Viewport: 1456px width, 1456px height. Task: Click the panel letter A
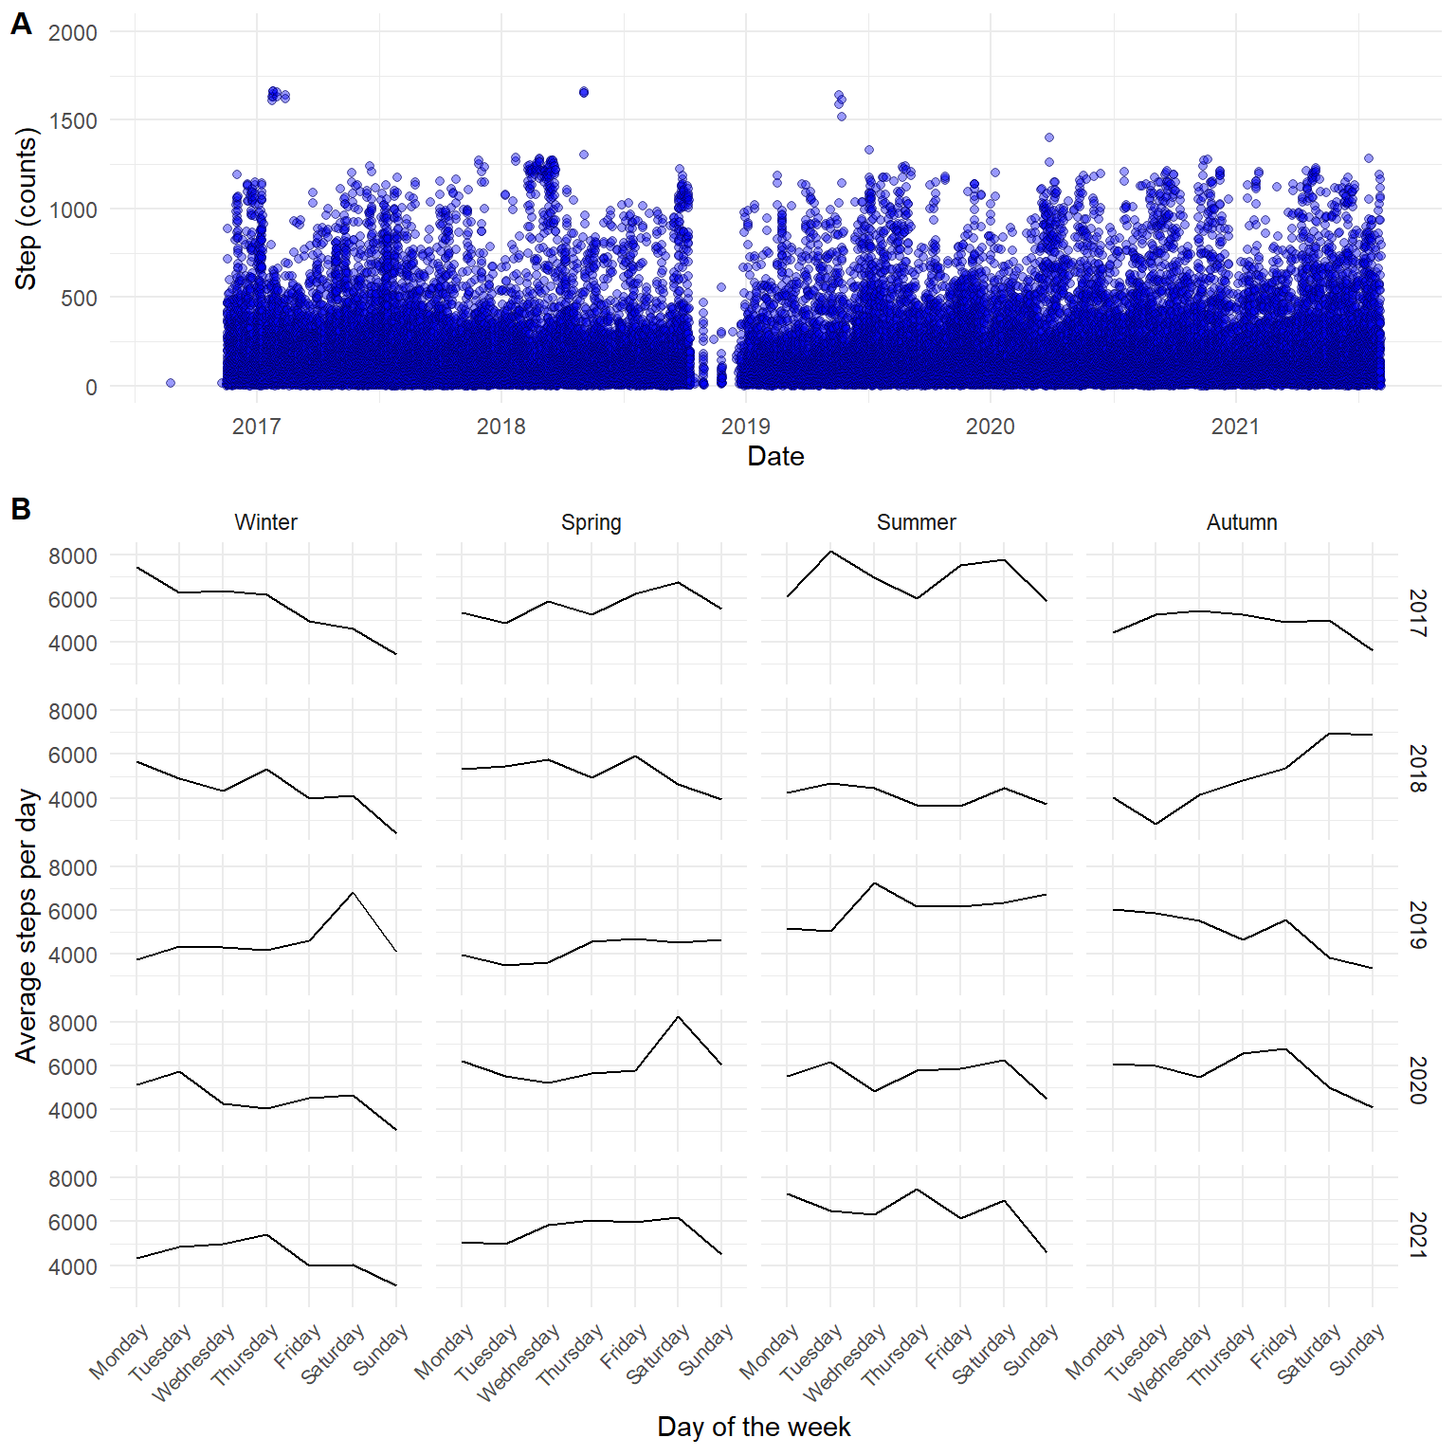coord(21,24)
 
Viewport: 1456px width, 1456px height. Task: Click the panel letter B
coord(21,509)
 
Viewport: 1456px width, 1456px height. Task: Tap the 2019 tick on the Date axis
coord(745,427)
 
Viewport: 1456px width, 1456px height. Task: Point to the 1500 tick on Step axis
coord(74,121)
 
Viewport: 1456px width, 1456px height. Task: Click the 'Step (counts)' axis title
coord(26,209)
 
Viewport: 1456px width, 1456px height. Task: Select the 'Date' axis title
coord(775,457)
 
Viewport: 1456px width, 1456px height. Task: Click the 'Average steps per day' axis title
coord(26,925)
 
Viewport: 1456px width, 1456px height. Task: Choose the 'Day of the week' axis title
coord(754,1427)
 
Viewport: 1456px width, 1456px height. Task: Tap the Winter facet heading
coord(265,522)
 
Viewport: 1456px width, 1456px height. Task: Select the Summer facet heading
coord(916,522)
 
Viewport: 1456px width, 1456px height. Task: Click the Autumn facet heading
coord(1242,522)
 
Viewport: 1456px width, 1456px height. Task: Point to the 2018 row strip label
coord(1417,769)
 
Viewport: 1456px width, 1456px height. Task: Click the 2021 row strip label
coord(1417,1235)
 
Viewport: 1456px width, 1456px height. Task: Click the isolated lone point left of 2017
coord(171,383)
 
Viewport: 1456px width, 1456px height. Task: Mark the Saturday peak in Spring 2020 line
coord(679,1017)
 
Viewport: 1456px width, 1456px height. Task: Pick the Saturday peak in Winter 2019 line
coord(353,892)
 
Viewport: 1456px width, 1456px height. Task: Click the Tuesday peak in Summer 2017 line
coord(831,552)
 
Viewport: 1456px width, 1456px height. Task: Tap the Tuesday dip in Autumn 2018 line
coord(1156,824)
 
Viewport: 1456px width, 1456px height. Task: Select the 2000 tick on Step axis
coord(73,33)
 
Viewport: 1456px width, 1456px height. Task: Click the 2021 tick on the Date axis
coord(1235,427)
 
